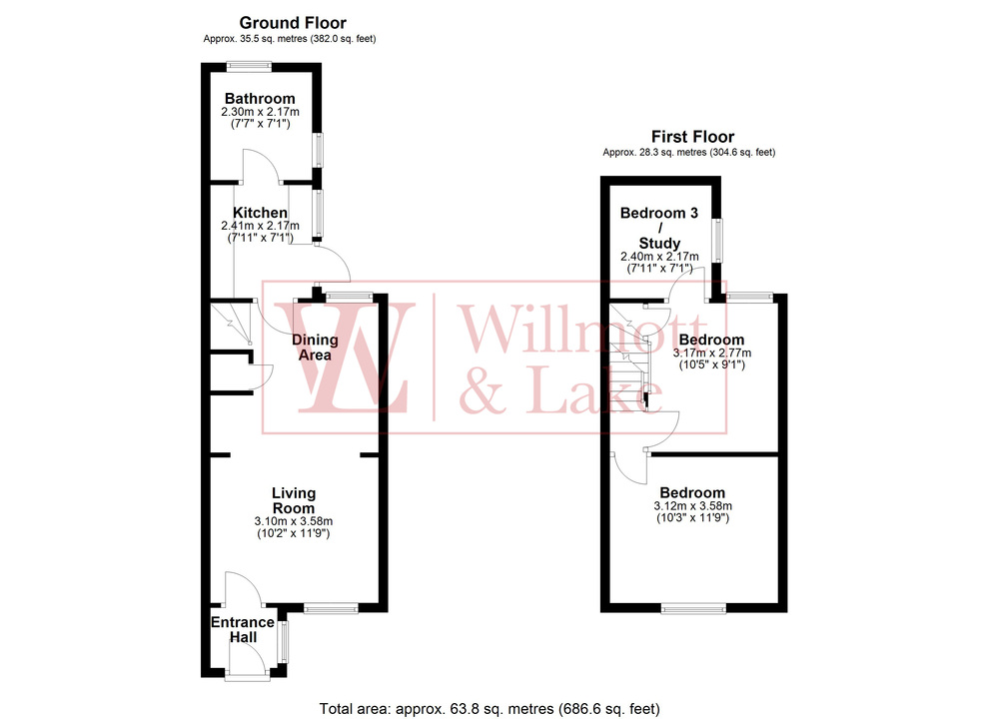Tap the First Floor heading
[x=692, y=137]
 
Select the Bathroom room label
[x=260, y=98]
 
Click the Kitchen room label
[x=260, y=213]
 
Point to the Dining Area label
[x=315, y=348]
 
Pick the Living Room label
[x=294, y=500]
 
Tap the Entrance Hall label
[x=242, y=630]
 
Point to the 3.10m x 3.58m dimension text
[x=294, y=521]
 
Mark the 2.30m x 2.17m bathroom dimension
[x=260, y=111]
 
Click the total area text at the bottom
[x=490, y=708]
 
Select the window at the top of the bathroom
[x=249, y=67]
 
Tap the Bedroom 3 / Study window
[x=715, y=240]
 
